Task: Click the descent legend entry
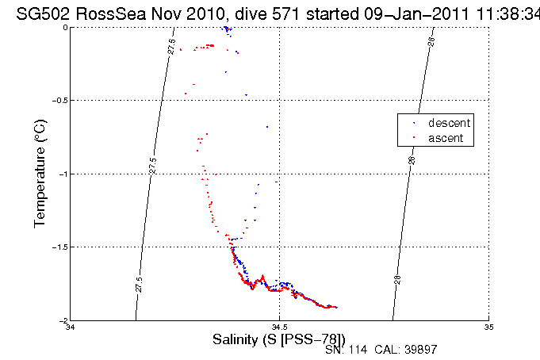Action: (449, 124)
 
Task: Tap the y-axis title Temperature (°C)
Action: (40, 174)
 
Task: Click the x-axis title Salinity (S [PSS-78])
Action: (279, 339)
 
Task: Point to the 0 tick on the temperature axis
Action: (66, 27)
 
